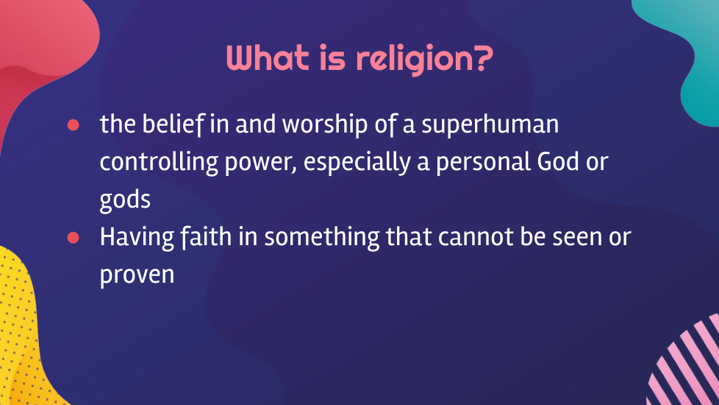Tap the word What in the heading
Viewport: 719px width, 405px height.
(268, 58)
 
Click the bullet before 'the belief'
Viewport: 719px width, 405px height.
(73, 125)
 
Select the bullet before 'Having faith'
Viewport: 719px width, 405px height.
(73, 237)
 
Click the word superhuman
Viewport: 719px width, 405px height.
(490, 125)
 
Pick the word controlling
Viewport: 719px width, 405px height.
(159, 163)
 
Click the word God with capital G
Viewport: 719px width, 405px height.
(558, 162)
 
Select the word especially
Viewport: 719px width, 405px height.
(357, 163)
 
